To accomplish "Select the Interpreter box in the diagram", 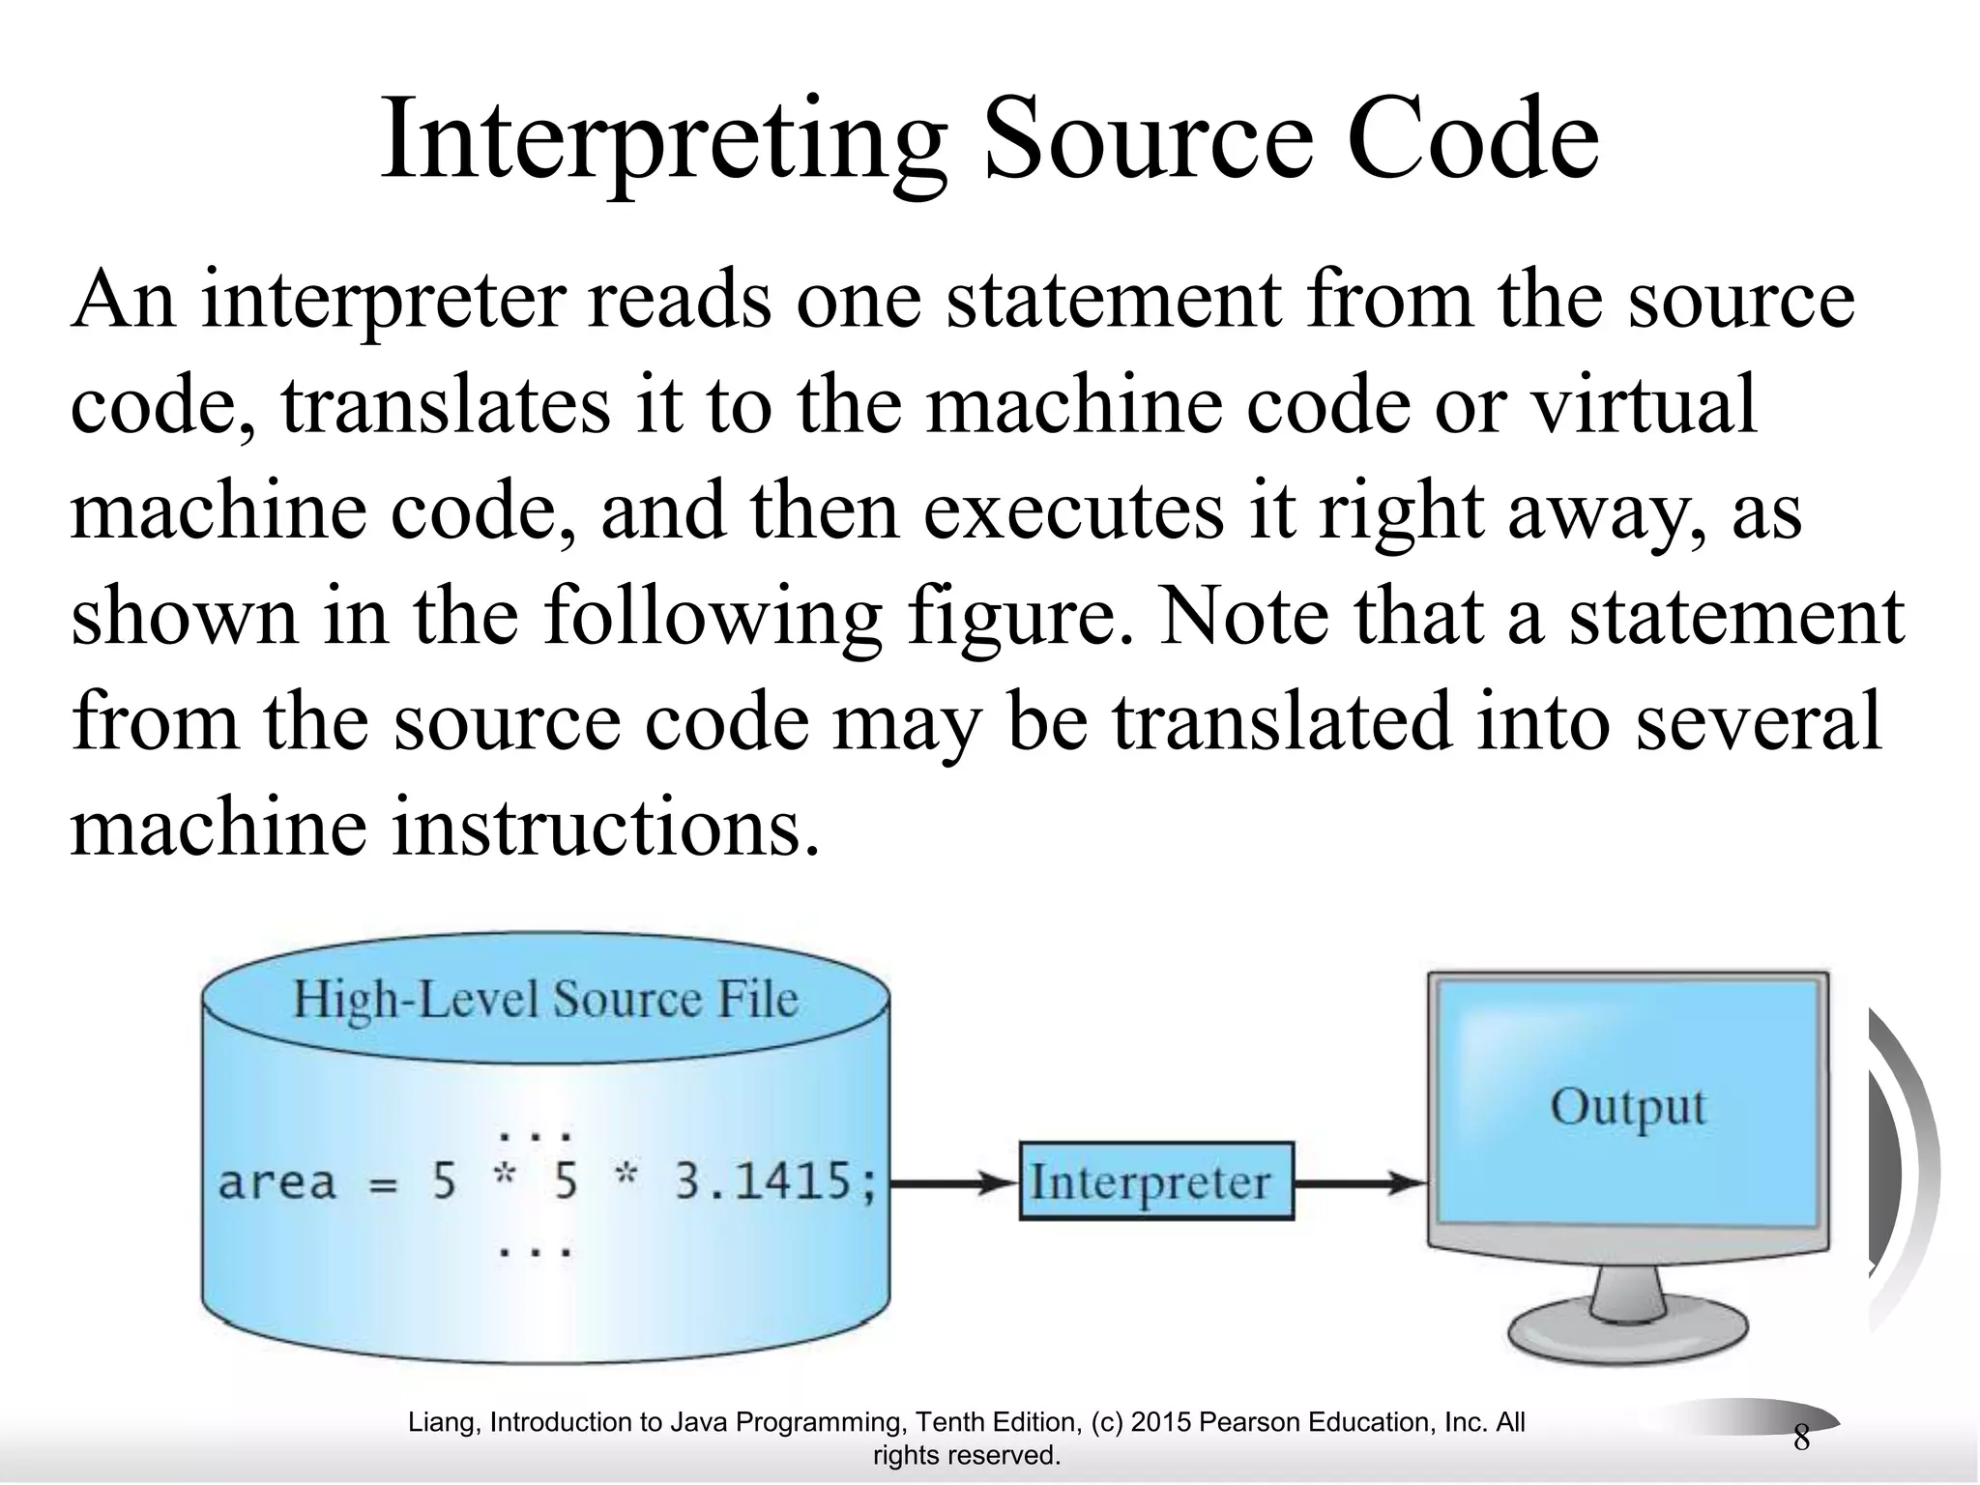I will tap(1156, 1181).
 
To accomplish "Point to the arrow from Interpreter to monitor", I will tap(1359, 1181).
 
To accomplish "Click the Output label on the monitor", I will tap(1628, 1107).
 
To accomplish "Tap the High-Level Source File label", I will tap(546, 999).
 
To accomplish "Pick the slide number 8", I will tap(1801, 1438).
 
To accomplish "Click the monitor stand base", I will tap(1628, 1334).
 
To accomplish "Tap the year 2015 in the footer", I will tap(1161, 1422).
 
